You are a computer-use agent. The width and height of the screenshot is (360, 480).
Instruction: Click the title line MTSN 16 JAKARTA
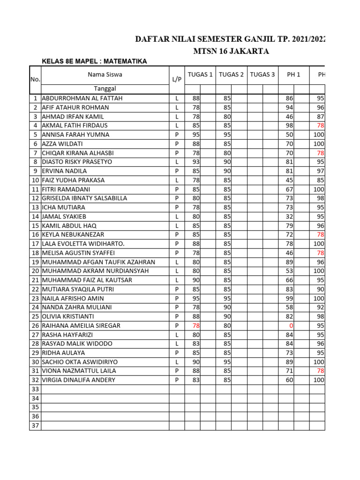[x=231, y=51]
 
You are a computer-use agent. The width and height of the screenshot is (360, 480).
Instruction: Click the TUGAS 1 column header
[x=200, y=75]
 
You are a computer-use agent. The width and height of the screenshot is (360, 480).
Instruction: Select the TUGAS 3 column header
[x=262, y=75]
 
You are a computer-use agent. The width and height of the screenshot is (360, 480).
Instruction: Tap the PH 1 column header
[x=293, y=75]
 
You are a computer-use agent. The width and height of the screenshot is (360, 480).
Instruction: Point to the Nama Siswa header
[x=105, y=75]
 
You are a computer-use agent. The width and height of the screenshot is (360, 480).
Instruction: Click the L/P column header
[x=177, y=80]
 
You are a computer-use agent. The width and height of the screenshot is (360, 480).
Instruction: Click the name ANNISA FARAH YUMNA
[x=75, y=135]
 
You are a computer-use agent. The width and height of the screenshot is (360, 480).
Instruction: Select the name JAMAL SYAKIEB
[x=64, y=217]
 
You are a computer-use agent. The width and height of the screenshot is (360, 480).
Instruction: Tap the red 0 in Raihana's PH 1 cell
[x=291, y=326]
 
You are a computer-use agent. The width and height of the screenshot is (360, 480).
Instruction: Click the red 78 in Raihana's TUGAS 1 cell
[x=196, y=326]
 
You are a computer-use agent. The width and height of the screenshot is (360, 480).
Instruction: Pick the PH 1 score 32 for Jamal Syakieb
[x=289, y=217]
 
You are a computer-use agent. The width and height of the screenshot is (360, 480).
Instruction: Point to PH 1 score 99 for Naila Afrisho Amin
[x=289, y=299]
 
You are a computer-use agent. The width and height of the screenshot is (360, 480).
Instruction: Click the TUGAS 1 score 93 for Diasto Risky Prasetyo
[x=196, y=162]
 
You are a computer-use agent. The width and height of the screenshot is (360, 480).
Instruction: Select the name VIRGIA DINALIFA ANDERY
[x=78, y=380]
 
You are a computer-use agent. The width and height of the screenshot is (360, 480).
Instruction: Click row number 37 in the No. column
[x=35, y=426]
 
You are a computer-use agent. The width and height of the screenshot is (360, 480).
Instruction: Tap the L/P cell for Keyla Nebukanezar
[x=177, y=235]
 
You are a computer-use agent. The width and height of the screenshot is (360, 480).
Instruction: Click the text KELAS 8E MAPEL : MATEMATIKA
[x=94, y=61]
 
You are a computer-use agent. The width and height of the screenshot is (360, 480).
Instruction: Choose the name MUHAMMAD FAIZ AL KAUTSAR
[x=87, y=280]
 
